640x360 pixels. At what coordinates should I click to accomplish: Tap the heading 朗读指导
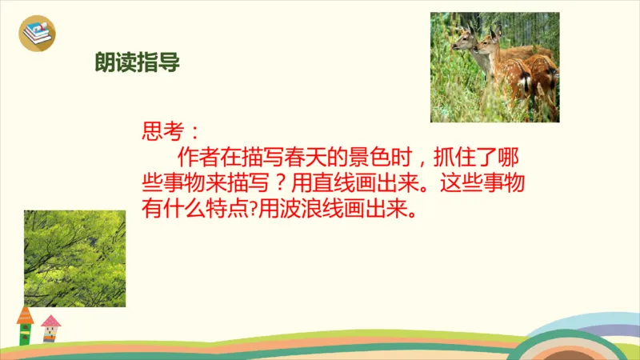pyautogui.click(x=135, y=63)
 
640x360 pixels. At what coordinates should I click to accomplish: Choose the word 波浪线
pyautogui.click(x=332, y=211)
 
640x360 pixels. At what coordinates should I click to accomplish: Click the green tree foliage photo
pyautogui.click(x=74, y=258)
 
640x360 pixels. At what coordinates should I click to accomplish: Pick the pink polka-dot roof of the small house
pyautogui.click(x=50, y=322)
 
